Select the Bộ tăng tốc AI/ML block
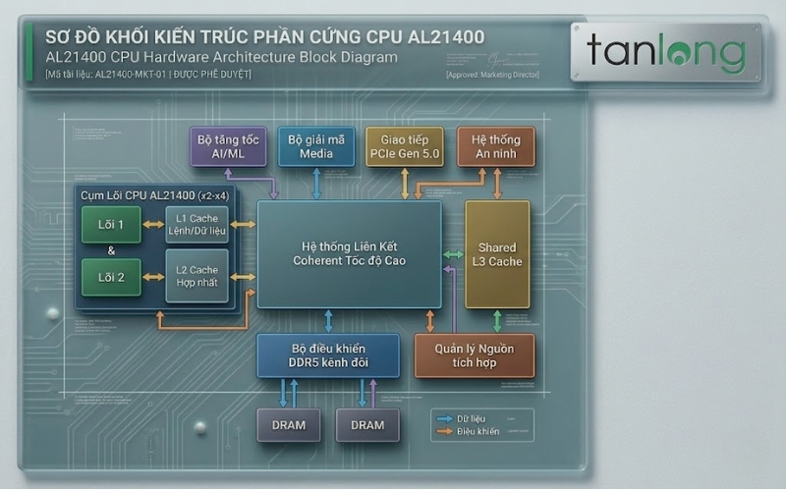point(228,146)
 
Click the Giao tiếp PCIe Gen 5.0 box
point(405,146)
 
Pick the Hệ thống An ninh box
point(496,146)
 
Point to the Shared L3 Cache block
point(497,254)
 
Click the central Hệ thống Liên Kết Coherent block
point(349,253)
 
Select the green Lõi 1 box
point(111,225)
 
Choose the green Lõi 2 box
point(111,276)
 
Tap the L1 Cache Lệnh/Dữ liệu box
point(196,224)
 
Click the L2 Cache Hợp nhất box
point(196,276)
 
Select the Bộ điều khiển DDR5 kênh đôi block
point(328,355)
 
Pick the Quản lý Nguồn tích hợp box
point(475,355)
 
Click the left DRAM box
point(289,425)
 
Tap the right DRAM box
point(367,425)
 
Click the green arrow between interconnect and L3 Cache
point(453,254)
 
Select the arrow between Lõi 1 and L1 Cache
point(153,225)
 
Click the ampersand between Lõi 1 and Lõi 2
point(111,250)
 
